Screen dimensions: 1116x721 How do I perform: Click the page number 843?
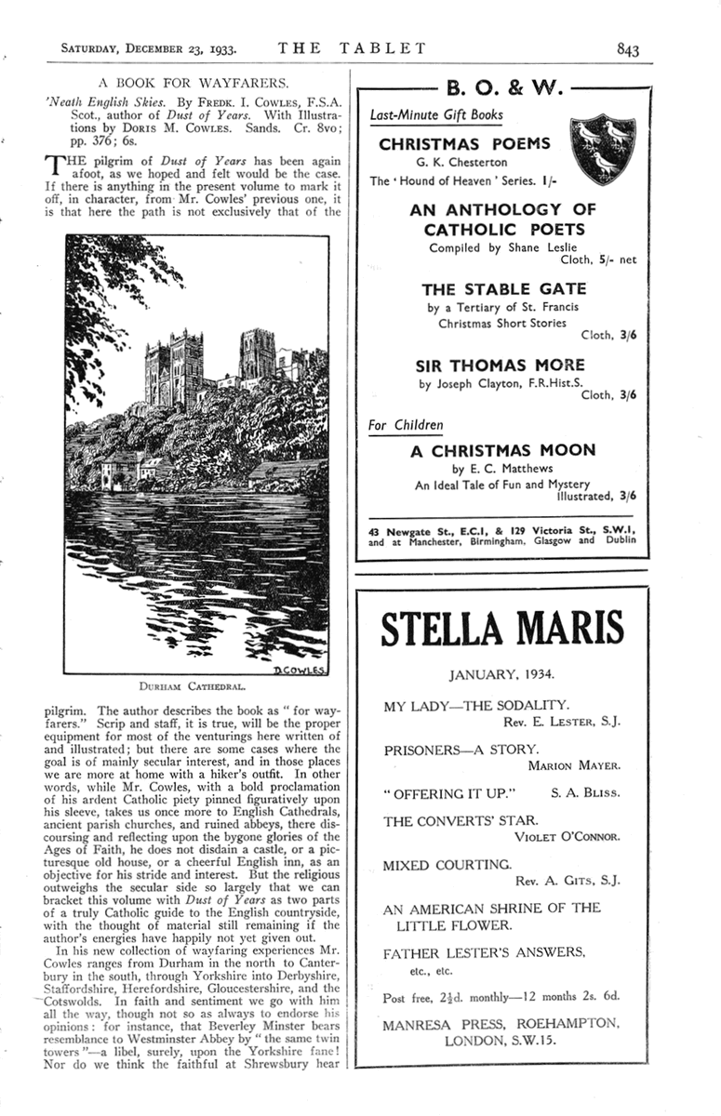[627, 49]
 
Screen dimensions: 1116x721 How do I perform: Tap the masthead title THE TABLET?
[352, 48]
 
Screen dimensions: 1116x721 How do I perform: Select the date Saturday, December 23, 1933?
[149, 48]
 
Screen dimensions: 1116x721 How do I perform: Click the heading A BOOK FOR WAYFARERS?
[194, 83]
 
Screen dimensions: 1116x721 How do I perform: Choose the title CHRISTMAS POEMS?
[464, 144]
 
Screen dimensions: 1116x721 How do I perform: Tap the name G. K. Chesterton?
[461, 162]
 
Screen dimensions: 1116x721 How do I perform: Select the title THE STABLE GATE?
[504, 289]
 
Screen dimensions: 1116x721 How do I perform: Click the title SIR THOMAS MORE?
[500, 365]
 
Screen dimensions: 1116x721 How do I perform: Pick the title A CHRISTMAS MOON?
[502, 450]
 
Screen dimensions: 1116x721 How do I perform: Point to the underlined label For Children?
[406, 426]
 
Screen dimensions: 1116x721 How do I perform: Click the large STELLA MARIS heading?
[501, 629]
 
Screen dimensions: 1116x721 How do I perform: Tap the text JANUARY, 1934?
[501, 674]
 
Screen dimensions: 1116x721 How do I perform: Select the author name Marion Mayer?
[573, 766]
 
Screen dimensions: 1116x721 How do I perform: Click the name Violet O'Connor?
[567, 836]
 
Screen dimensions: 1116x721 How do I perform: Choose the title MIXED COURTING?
[447, 865]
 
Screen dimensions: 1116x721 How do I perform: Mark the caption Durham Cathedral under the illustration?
[193, 687]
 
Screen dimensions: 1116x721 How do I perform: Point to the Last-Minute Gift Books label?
[436, 115]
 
